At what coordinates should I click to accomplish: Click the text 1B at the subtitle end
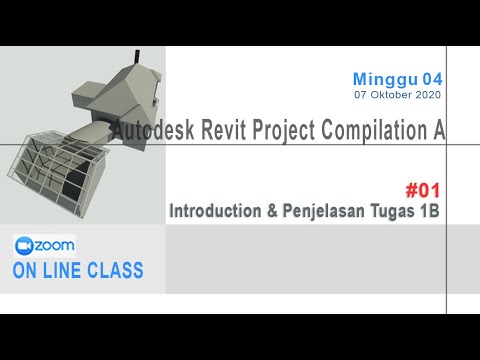(430, 211)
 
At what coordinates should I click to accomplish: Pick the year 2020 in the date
(426, 95)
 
